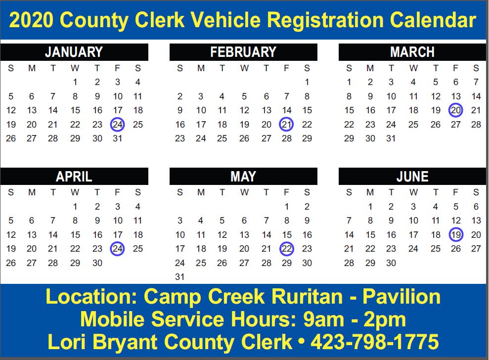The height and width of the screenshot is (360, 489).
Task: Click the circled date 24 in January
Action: pos(118,125)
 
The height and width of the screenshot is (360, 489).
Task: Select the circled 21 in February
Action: pos(287,125)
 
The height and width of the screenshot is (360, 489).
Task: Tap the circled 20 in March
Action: pos(456,110)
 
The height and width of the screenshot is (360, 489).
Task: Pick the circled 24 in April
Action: pos(118,249)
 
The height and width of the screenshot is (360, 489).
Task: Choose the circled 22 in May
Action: pos(287,249)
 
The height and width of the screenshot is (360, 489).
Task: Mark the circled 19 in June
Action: pos(456,234)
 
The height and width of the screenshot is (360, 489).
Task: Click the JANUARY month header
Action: pos(74,52)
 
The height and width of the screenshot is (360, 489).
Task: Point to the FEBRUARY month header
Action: pos(243,52)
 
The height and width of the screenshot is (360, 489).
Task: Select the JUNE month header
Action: pos(412,177)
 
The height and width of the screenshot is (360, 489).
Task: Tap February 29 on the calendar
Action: pos(307,138)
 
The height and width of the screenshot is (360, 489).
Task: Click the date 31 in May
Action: pos(179,277)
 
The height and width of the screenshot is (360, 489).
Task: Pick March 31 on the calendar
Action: pos(391,138)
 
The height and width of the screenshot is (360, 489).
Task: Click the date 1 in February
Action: pos(307,82)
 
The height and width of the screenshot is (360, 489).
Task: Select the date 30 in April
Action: pos(97,263)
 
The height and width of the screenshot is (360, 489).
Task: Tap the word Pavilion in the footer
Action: pos(401,296)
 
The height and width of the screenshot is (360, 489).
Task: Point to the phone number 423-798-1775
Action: pos(375,342)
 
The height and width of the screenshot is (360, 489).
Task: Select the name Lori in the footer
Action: pos(66,342)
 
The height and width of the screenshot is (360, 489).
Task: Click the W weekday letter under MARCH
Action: pos(413,68)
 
